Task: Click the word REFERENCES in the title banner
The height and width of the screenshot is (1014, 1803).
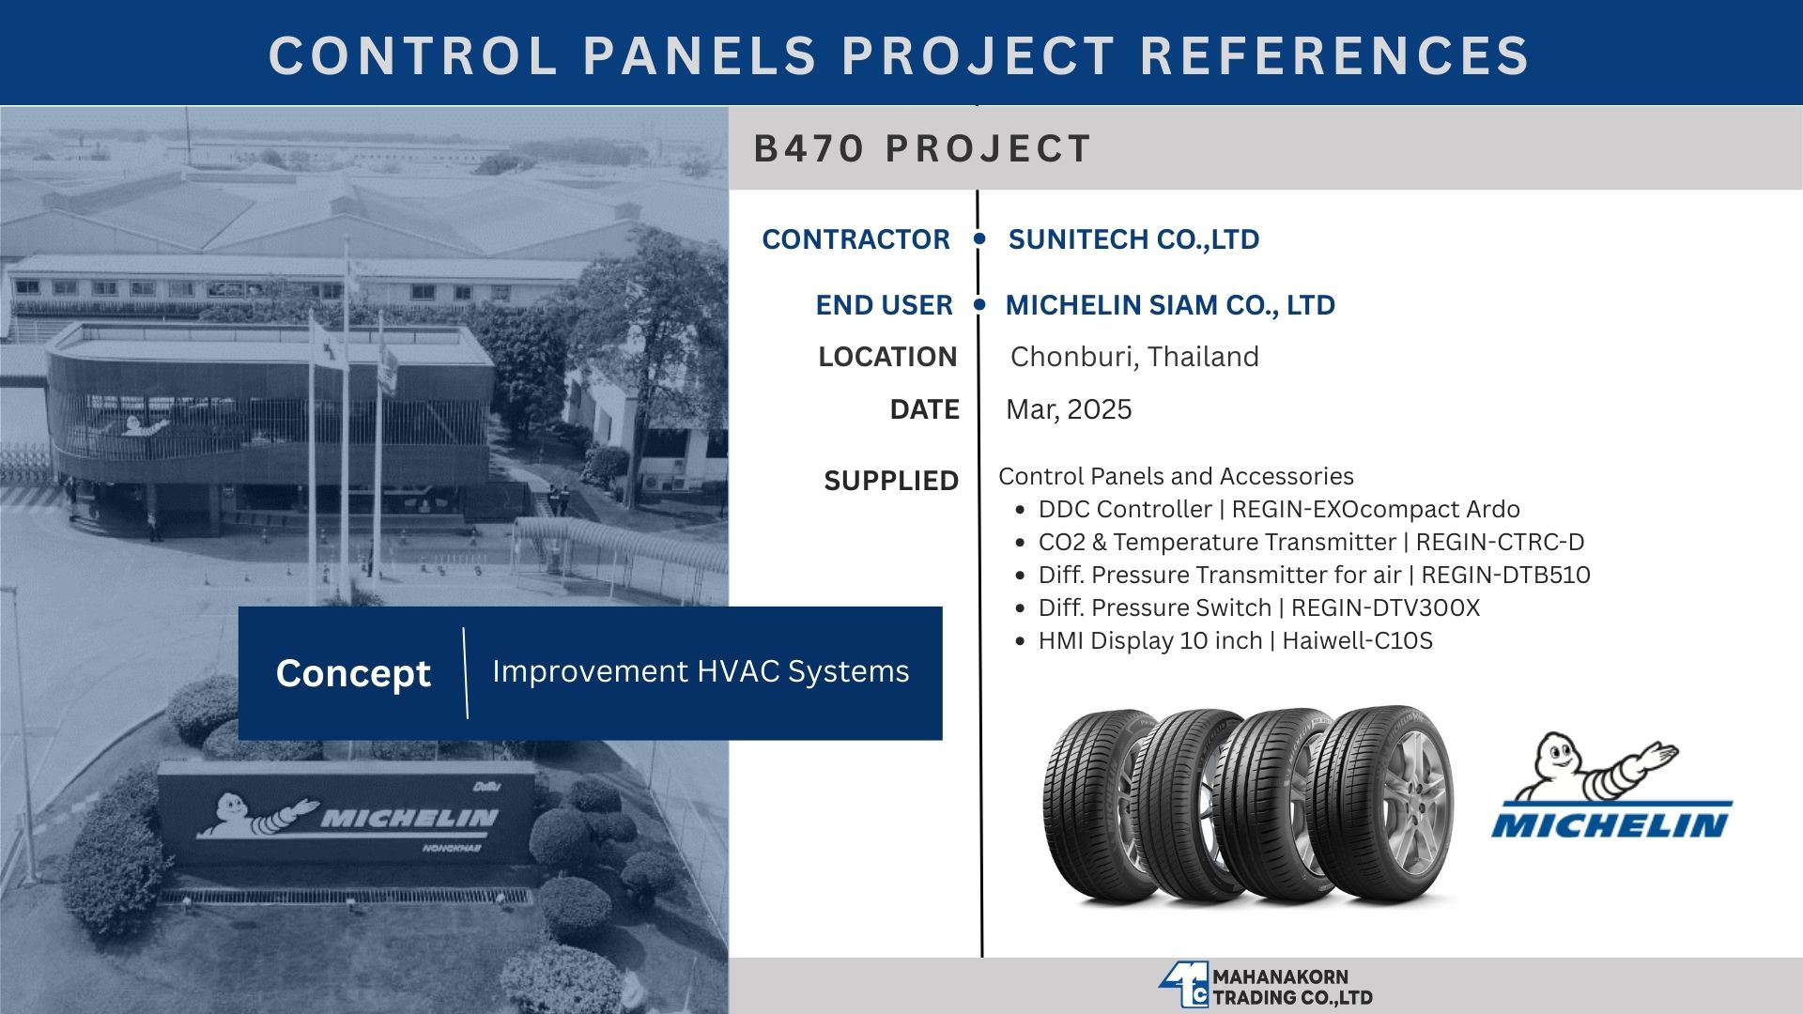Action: coord(1335,54)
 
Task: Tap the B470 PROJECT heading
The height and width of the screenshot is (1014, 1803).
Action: coord(922,148)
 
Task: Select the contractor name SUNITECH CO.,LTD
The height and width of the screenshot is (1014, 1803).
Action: coord(1133,239)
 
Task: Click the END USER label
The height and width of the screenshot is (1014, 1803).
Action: coord(884,305)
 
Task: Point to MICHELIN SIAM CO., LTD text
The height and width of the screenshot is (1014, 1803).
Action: coord(1170,305)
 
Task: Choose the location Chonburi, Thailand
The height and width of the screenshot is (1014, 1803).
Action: coord(1134,357)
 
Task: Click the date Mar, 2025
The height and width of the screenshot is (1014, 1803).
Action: coord(1069,409)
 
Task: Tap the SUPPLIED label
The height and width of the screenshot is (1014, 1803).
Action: coord(891,481)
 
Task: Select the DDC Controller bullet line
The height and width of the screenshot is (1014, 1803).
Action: coord(1279,509)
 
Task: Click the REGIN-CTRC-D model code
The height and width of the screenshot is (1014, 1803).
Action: coord(1500,542)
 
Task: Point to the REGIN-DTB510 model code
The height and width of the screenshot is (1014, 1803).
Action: coord(1505,575)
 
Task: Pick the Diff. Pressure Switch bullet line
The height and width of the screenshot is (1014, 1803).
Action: coord(1259,607)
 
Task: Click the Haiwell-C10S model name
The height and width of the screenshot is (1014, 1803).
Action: coord(1357,640)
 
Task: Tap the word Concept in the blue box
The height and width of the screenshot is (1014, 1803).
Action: coord(353,673)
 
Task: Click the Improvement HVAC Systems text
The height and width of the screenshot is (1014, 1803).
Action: coord(701,671)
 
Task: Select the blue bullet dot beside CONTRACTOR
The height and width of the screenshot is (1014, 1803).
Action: coord(979,239)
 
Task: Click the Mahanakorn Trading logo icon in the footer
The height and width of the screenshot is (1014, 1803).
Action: coord(1183,986)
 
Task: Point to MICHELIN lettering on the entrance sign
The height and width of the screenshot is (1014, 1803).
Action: coord(409,819)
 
